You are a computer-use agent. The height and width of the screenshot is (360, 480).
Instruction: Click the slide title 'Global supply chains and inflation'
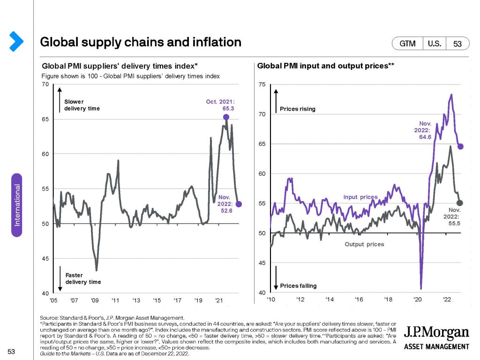[x=141, y=43]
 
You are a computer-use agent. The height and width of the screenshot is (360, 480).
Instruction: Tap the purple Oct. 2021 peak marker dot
[x=226, y=117]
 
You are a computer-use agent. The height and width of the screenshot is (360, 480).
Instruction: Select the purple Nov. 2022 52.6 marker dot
[x=239, y=204]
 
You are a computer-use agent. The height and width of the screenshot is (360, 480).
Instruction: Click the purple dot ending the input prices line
[x=460, y=146]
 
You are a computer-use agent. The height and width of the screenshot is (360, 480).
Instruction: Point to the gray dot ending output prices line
[x=460, y=202]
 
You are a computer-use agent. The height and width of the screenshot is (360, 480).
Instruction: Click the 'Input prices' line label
[x=360, y=197]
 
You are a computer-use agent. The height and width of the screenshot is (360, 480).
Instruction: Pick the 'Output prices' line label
[x=364, y=244]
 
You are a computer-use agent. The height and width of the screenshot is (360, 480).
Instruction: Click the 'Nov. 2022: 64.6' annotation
[x=422, y=130]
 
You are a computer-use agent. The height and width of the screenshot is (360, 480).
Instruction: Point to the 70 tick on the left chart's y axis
[x=45, y=84]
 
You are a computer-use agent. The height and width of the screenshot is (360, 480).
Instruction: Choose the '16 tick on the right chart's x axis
[x=359, y=299]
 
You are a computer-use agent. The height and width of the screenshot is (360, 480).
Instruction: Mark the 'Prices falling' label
[x=298, y=285]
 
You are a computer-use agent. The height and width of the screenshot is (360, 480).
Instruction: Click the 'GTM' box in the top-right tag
[x=408, y=44]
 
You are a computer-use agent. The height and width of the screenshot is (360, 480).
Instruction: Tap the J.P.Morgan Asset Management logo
[x=436, y=337]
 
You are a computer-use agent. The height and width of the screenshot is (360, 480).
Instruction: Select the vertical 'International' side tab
[x=17, y=205]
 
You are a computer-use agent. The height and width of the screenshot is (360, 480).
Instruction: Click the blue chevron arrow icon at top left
[x=16, y=42]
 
